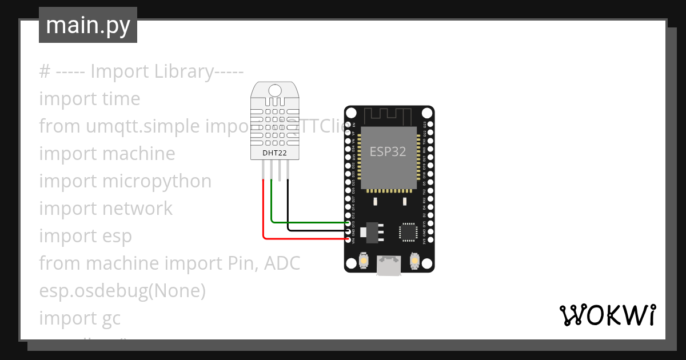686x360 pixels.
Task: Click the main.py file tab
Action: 87,25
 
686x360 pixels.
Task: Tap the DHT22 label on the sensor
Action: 274,153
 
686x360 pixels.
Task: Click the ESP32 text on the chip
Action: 388,151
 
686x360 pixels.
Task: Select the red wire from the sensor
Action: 264,217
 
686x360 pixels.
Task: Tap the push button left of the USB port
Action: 364,261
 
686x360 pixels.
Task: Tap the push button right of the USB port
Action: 414,261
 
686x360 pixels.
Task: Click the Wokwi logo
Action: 607,315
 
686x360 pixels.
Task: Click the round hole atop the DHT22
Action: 274,90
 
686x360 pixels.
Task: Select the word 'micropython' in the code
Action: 157,181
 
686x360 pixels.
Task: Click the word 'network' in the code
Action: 137,209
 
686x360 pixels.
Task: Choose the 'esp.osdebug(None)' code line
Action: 122,291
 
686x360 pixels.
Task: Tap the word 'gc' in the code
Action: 111,318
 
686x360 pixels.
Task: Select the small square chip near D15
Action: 409,231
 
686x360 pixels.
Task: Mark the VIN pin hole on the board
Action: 349,239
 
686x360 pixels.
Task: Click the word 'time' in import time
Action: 121,99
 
